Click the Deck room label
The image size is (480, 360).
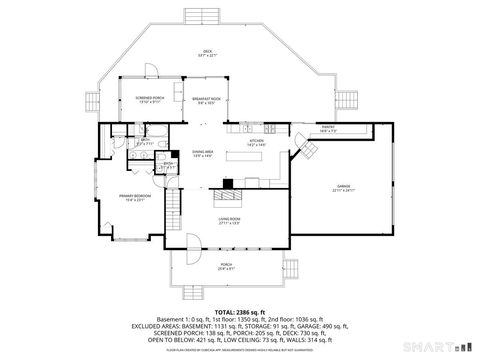point(208,52)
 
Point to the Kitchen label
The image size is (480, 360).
point(256,143)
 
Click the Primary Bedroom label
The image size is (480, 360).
point(134,199)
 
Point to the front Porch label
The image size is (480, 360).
point(226,267)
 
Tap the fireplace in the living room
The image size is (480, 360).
point(229,183)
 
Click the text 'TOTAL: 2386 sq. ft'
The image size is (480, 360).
point(240,312)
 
